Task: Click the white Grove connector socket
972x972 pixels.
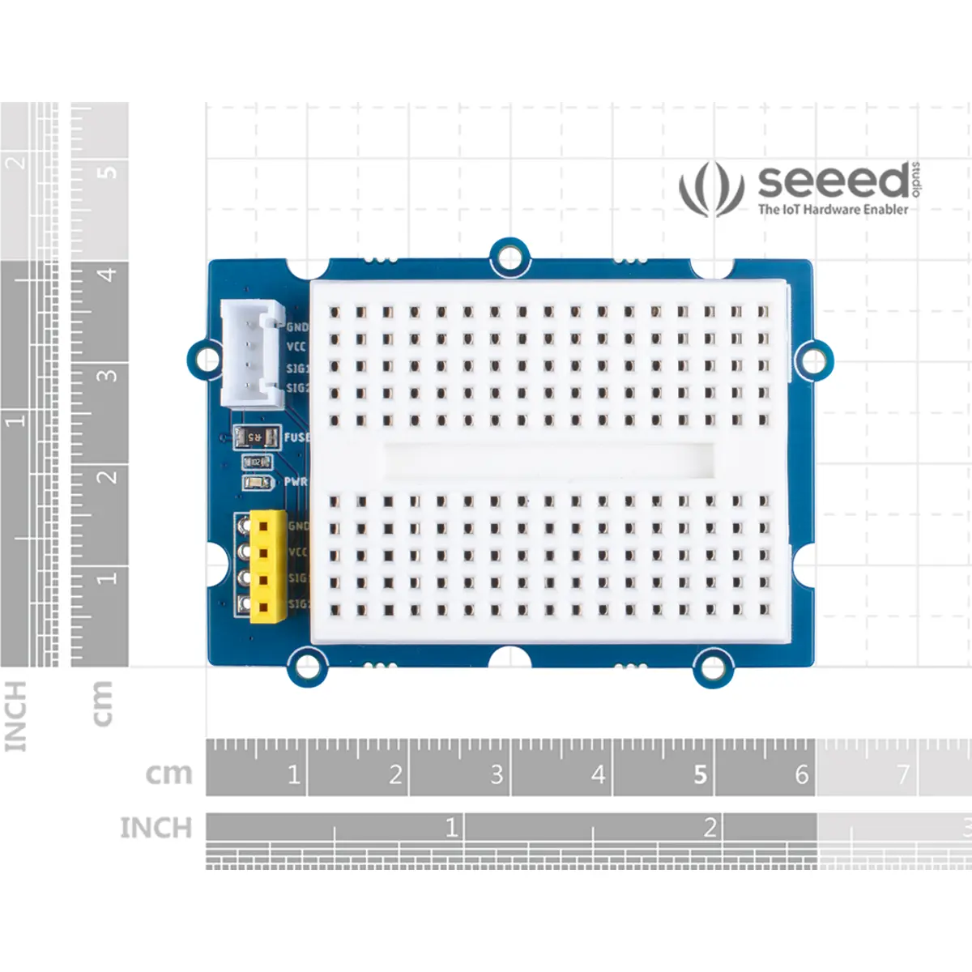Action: (252, 354)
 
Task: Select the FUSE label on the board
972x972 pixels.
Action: (296, 437)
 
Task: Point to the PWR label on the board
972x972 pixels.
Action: (296, 482)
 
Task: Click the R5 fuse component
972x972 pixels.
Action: (255, 437)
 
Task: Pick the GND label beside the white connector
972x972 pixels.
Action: (297, 327)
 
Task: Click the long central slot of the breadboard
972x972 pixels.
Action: (549, 460)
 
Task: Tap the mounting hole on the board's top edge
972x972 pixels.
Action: (509, 258)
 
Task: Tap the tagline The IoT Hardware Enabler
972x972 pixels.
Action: (833, 209)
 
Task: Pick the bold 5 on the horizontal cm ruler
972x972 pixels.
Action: (701, 775)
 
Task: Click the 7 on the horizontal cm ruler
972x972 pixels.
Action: (903, 775)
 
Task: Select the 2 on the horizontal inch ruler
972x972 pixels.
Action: (710, 828)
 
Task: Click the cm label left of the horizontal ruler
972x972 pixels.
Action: (168, 774)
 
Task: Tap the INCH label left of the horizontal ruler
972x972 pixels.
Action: (156, 828)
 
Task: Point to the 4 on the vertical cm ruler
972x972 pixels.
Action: (107, 274)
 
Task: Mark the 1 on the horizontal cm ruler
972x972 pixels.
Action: (293, 775)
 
